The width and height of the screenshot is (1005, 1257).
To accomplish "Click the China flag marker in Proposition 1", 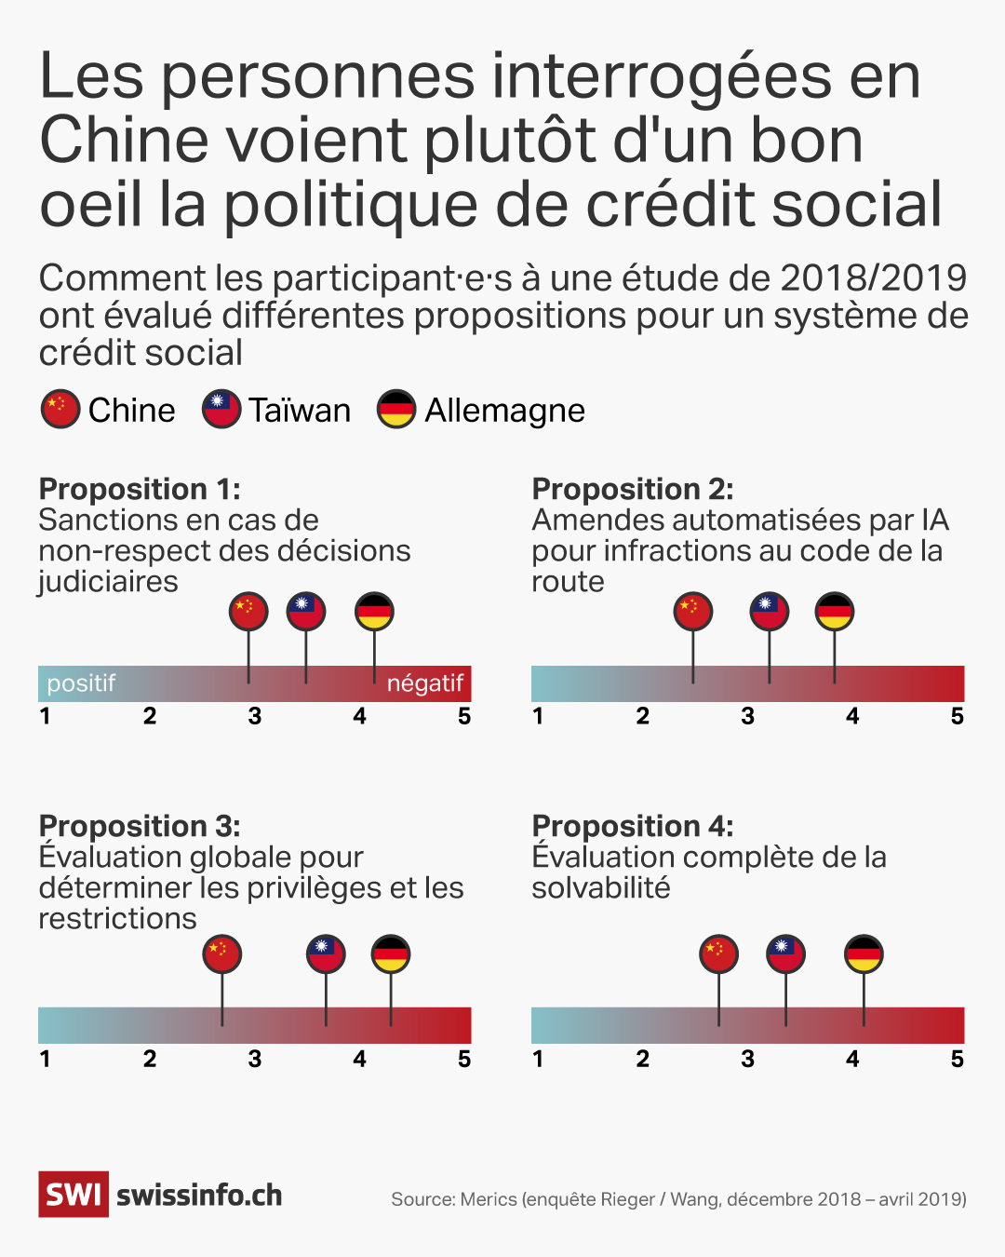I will tap(248, 612).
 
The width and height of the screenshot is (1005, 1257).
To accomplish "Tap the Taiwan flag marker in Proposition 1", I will tap(306, 612).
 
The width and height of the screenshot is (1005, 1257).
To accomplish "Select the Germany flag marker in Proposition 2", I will tap(834, 612).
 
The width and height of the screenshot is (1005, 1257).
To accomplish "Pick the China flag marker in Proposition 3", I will tap(222, 954).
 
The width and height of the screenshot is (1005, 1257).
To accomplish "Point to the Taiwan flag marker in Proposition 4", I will tap(785, 954).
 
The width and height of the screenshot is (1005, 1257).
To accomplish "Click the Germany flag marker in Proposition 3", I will tap(390, 954).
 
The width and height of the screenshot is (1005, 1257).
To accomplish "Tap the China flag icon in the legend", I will tap(60, 410).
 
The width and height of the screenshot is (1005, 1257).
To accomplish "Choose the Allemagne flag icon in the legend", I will tap(396, 410).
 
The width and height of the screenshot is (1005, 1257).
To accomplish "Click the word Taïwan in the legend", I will tap(299, 411).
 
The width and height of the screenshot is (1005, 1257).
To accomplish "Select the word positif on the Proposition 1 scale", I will tap(81, 683).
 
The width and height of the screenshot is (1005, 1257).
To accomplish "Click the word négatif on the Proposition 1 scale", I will tap(424, 683).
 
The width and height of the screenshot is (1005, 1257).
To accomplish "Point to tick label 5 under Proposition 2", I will tap(957, 717).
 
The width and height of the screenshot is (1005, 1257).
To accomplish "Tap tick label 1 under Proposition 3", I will tap(45, 1060).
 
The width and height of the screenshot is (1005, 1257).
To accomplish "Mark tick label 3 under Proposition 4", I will tap(747, 1060).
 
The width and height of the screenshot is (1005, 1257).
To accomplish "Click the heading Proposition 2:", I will tap(632, 490).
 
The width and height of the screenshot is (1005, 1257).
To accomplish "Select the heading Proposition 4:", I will tap(632, 827).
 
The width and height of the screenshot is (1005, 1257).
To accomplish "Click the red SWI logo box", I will tap(74, 1195).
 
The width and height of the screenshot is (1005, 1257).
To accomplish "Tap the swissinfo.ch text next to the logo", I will tap(199, 1196).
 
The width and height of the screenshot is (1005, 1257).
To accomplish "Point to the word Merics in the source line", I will tap(488, 1199).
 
